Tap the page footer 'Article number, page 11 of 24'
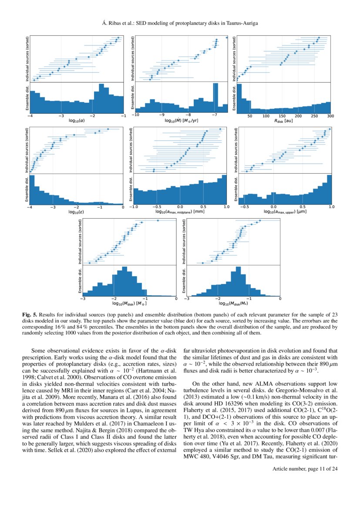[305, 469]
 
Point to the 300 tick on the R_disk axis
[330, 116]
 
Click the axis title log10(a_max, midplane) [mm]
[180, 212]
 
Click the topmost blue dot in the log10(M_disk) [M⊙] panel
[158, 221]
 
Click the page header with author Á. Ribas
[180, 23]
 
